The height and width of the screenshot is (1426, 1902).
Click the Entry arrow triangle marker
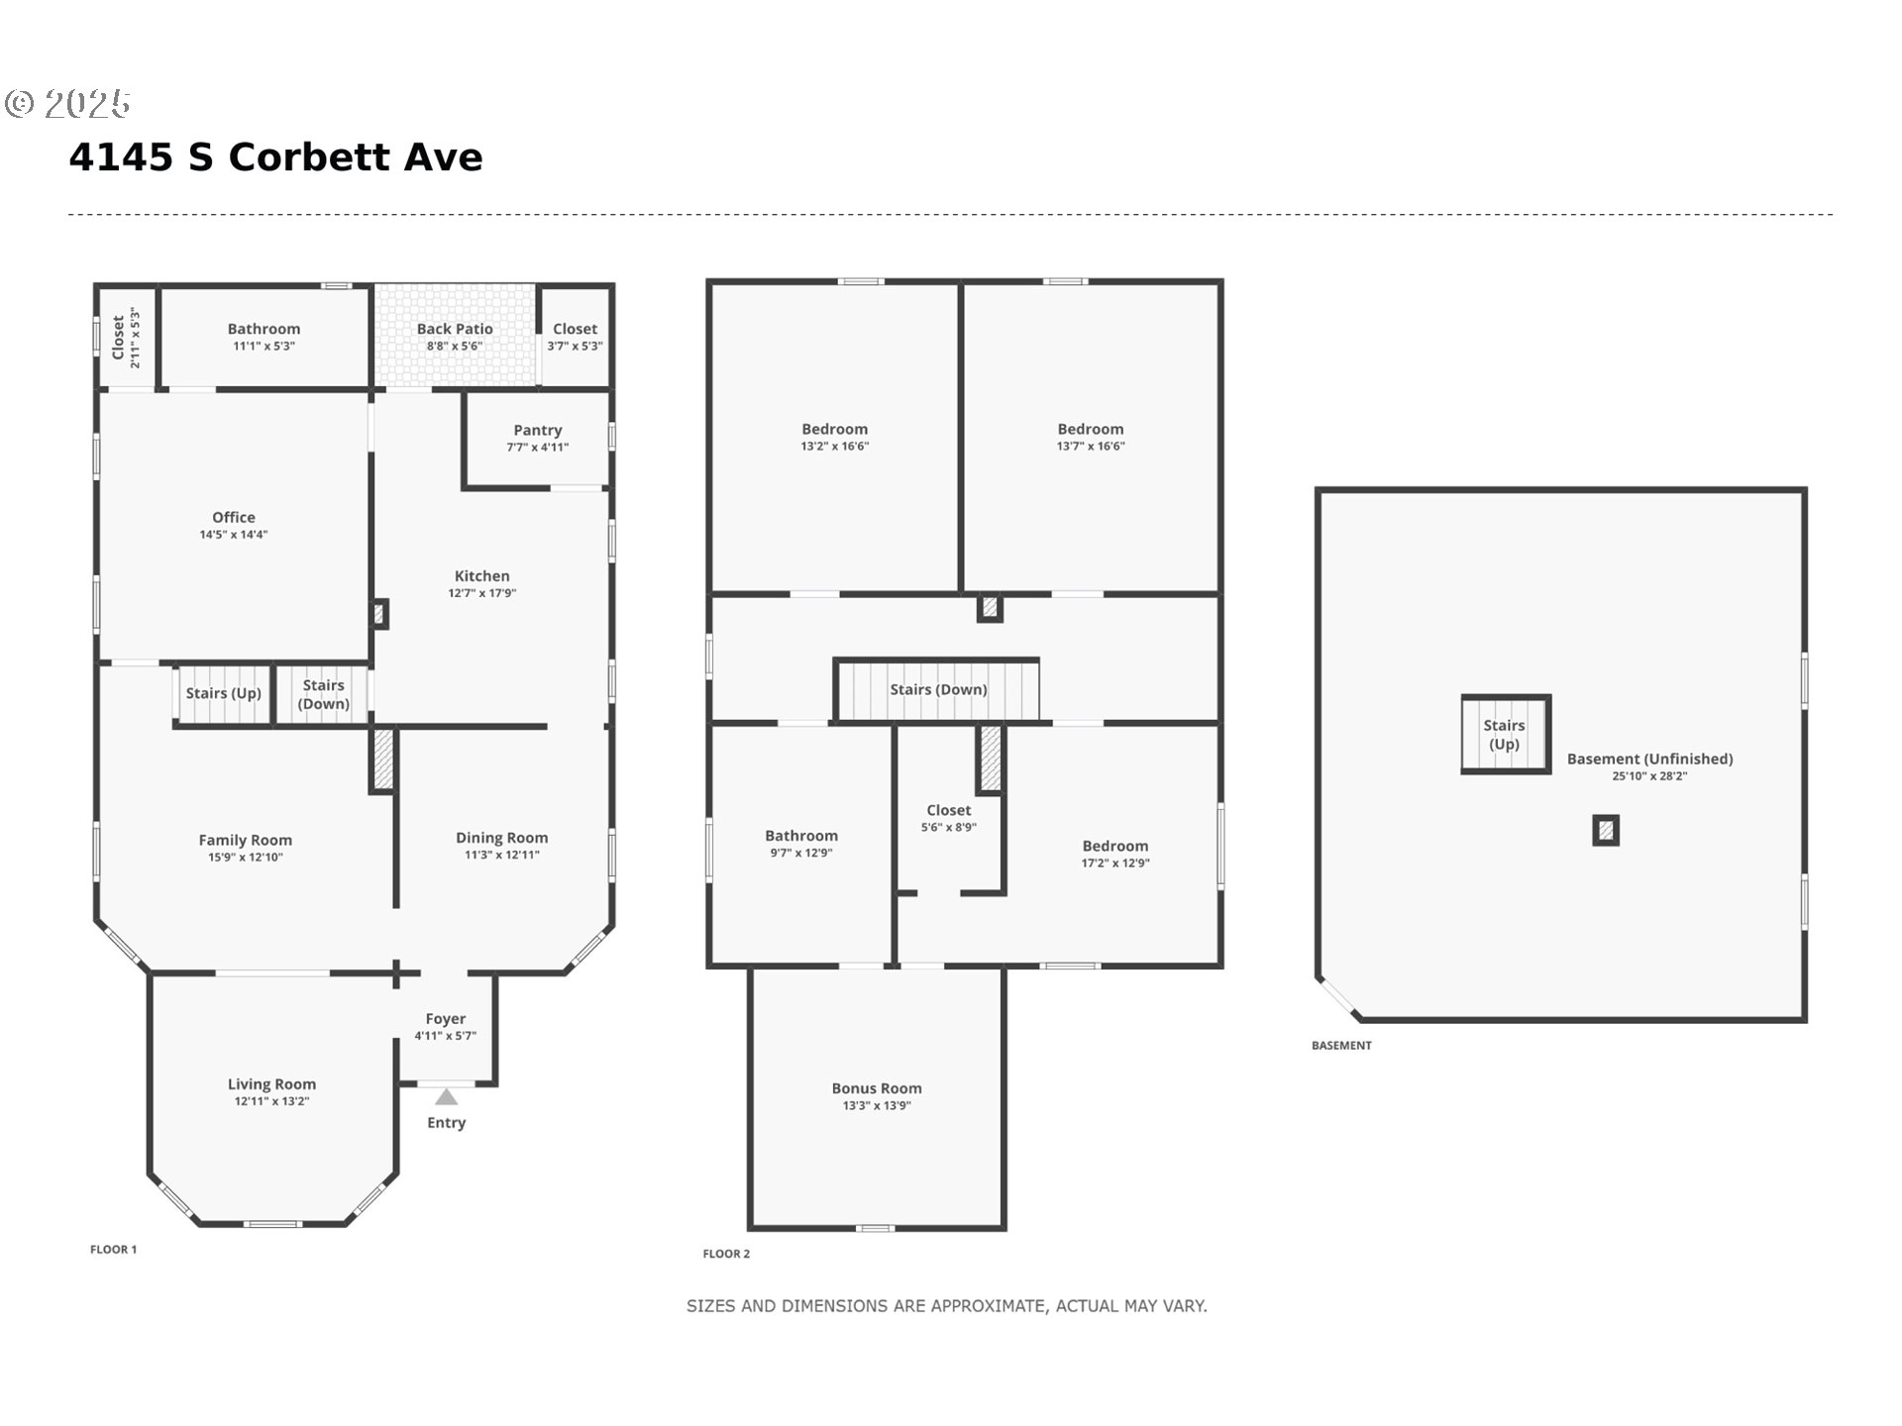pyautogui.click(x=446, y=1096)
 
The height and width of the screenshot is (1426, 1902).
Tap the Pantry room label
pyautogui.click(x=538, y=430)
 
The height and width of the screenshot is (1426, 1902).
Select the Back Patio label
pyautogui.click(x=455, y=329)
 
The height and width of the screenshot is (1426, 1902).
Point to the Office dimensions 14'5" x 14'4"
pyautogui.click(x=234, y=535)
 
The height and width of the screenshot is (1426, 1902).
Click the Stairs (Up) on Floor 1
pyautogui.click(x=224, y=693)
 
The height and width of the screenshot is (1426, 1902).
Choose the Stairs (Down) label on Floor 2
pyautogui.click(x=938, y=689)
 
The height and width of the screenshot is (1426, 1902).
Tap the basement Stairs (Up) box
pyautogui.click(x=1505, y=735)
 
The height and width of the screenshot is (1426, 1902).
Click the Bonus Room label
pyautogui.click(x=877, y=1088)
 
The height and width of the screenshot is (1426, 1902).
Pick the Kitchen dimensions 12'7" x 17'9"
pyautogui.click(x=482, y=593)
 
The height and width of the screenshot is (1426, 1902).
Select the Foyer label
pyautogui.click(x=446, y=1018)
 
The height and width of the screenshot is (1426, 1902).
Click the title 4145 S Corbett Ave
pyautogui.click(x=275, y=157)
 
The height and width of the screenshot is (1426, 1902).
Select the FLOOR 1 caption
pyautogui.click(x=114, y=1250)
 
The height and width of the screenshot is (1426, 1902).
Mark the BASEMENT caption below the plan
pyautogui.click(x=1341, y=1046)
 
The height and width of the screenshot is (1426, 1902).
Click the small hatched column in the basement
pyautogui.click(x=1606, y=830)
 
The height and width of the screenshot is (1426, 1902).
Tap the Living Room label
pyautogui.click(x=271, y=1084)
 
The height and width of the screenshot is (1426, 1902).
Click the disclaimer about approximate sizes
pyautogui.click(x=947, y=1306)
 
